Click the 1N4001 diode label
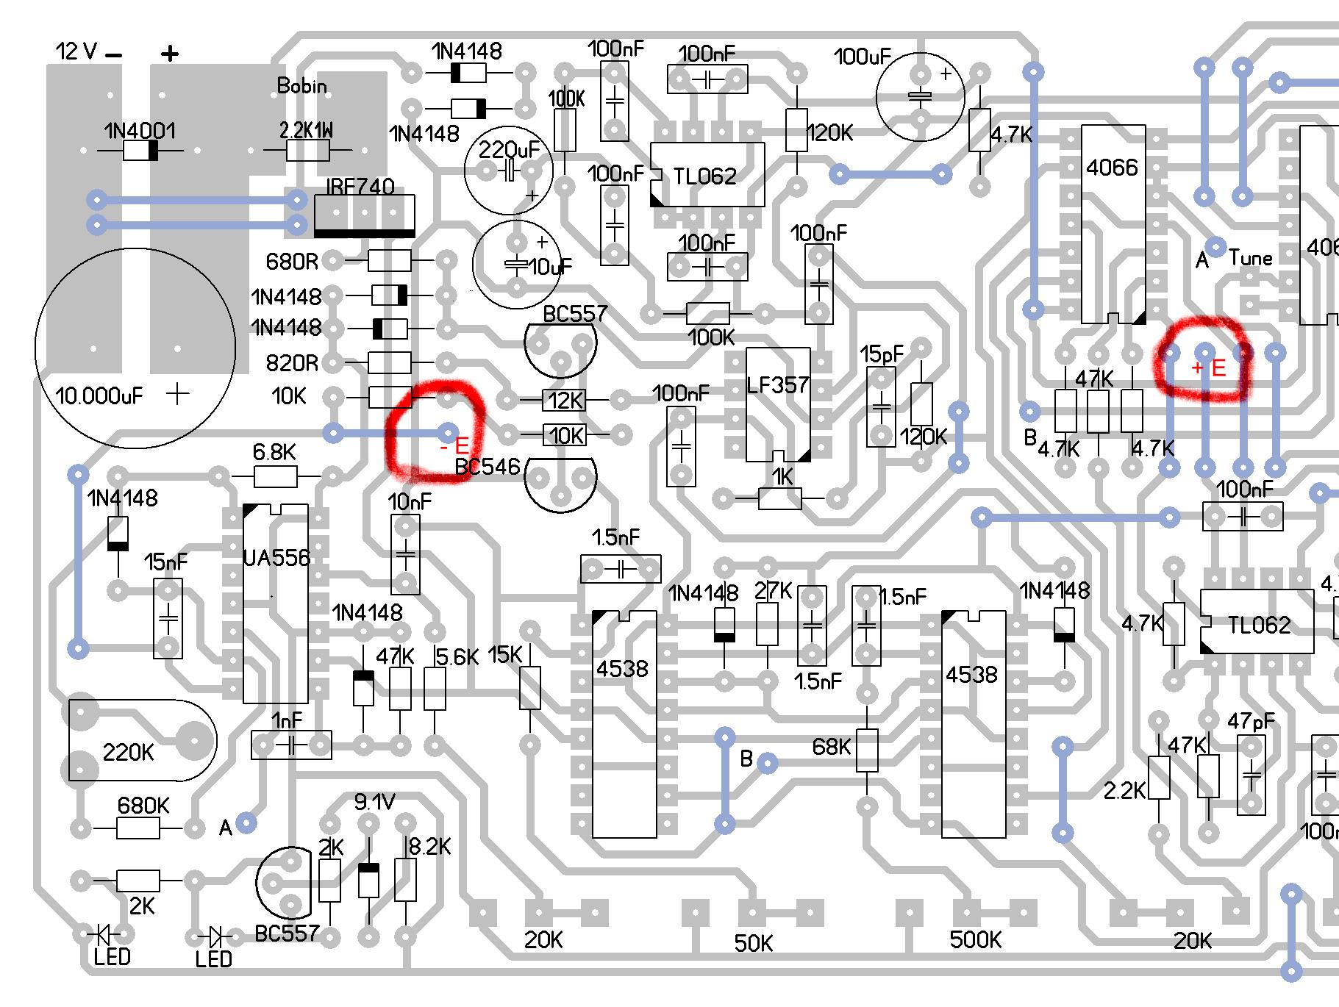tap(140, 132)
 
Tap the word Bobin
tap(301, 86)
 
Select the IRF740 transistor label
tap(360, 187)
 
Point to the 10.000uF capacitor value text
tap(99, 396)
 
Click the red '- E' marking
tap(454, 445)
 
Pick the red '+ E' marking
tap(1208, 368)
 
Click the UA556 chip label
tap(276, 559)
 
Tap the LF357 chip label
tap(777, 385)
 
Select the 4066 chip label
tap(1112, 168)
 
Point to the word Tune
tap(1251, 258)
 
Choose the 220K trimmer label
tap(128, 752)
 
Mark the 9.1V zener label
tap(375, 802)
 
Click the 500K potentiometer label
tap(975, 939)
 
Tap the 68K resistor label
tap(831, 747)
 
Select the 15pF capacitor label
tap(882, 354)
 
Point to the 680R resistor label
tap(292, 262)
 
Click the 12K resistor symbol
tap(565, 401)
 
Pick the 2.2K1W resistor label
tap(306, 131)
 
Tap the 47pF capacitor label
tap(1251, 722)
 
